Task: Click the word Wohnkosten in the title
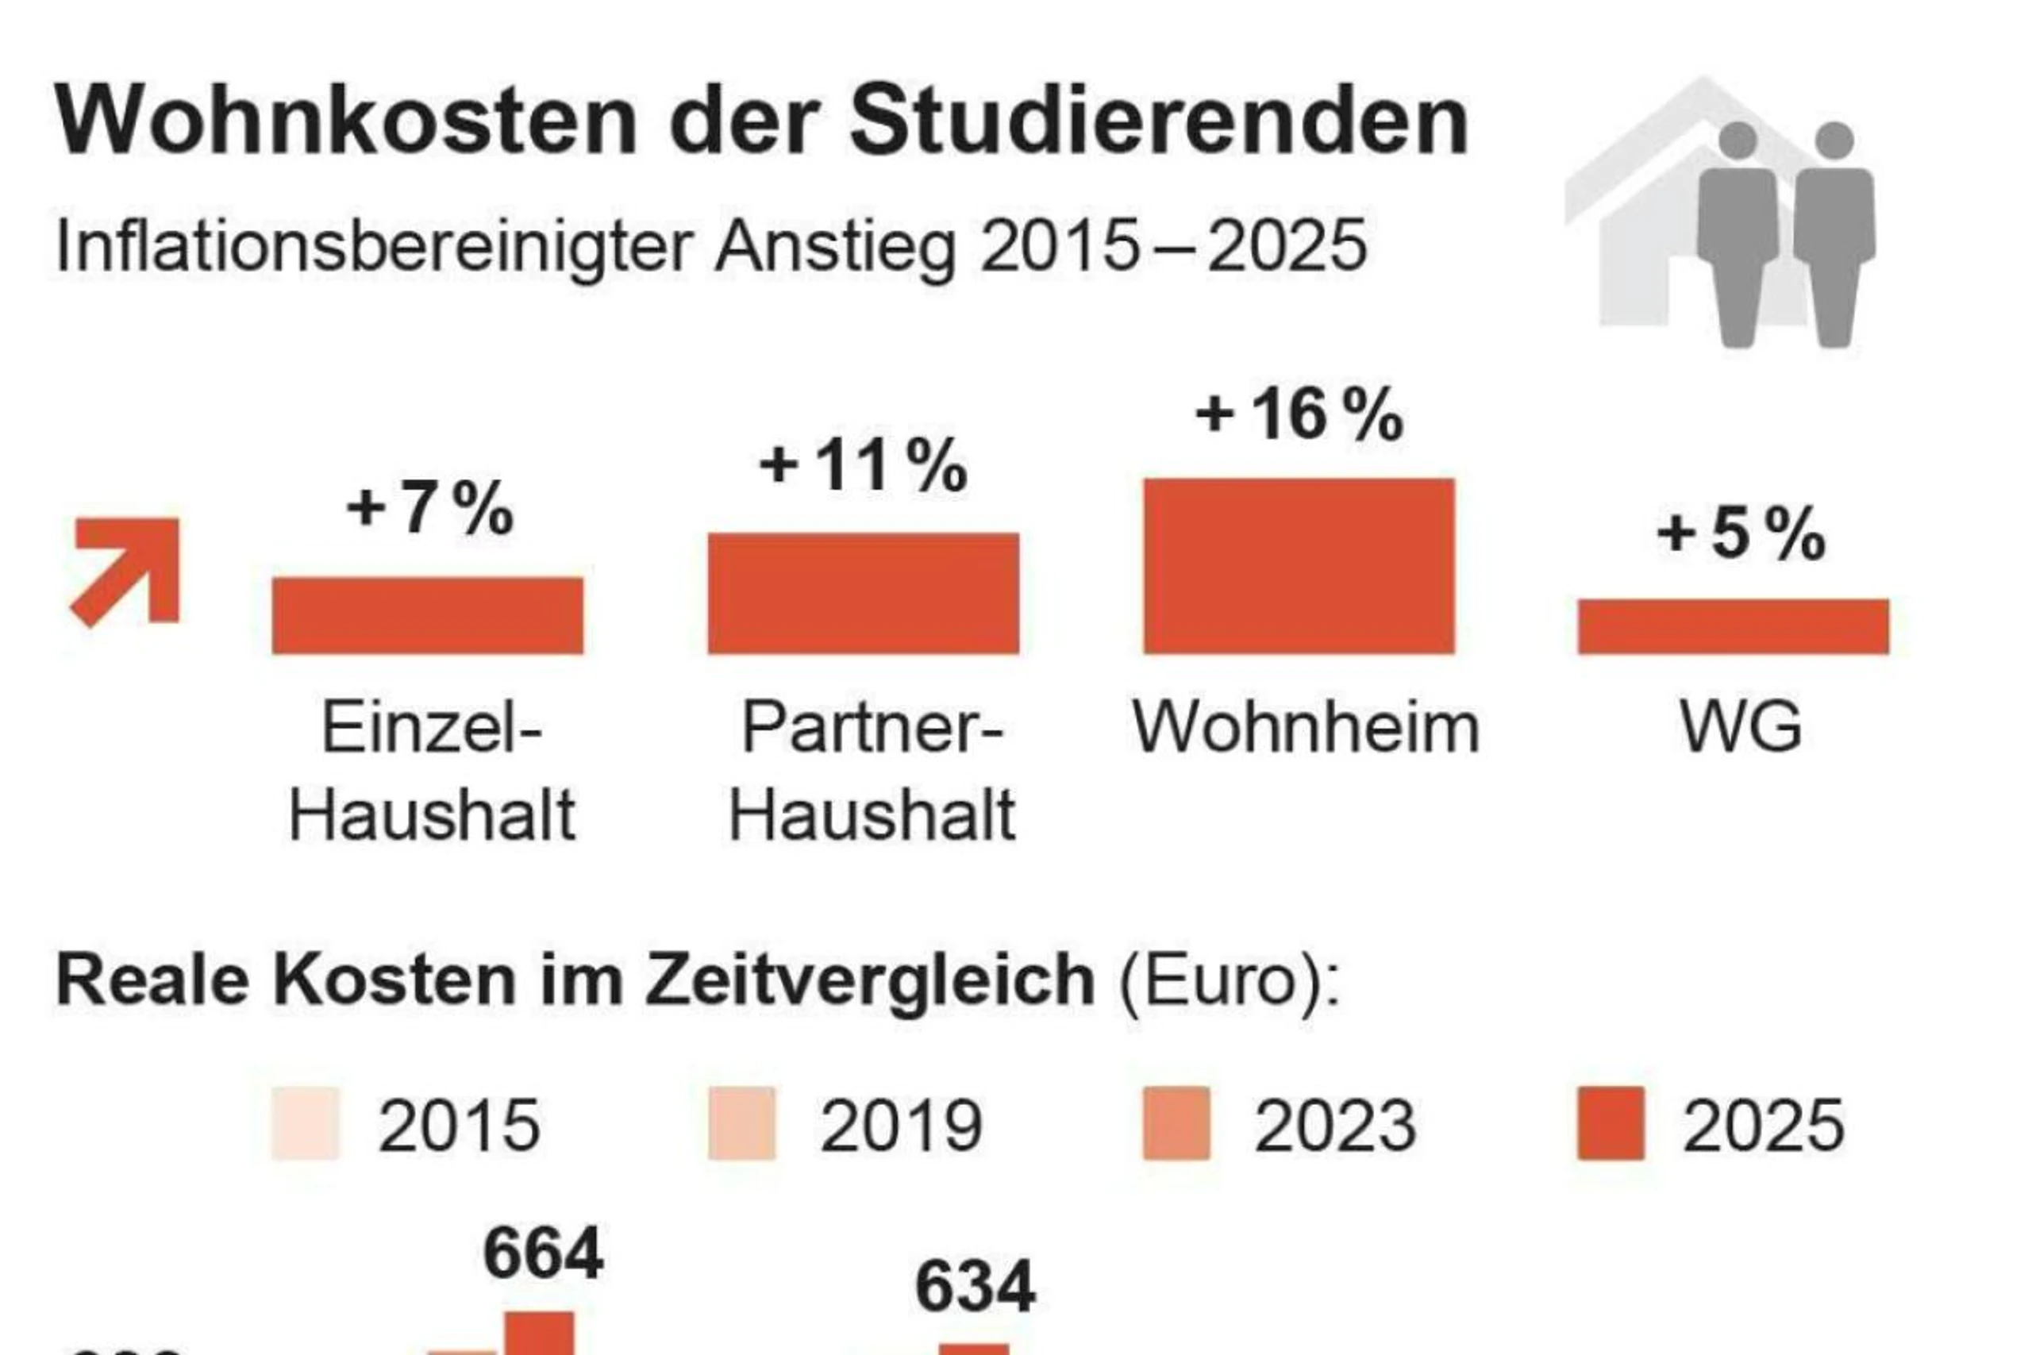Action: pyautogui.click(x=345, y=121)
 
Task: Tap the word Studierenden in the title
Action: pyautogui.click(x=1159, y=121)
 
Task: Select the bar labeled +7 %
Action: pyautogui.click(x=428, y=615)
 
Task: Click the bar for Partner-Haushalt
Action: pyautogui.click(x=863, y=594)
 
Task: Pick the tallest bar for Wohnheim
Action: pyautogui.click(x=1299, y=566)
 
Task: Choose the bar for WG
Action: pyautogui.click(x=1733, y=626)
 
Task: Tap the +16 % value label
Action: pyautogui.click(x=1299, y=415)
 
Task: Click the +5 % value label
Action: pyautogui.click(x=1740, y=534)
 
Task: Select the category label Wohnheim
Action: pyautogui.click(x=1307, y=728)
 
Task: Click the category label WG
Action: pyautogui.click(x=1741, y=726)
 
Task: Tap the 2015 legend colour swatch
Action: pyautogui.click(x=306, y=1122)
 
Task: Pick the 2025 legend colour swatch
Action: pyautogui.click(x=1611, y=1122)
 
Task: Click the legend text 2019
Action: pyautogui.click(x=900, y=1125)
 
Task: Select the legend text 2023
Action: pyautogui.click(x=1335, y=1125)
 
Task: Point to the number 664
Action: pyautogui.click(x=543, y=1253)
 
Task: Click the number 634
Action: pyautogui.click(x=975, y=1287)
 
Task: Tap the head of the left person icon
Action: pyautogui.click(x=1738, y=140)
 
